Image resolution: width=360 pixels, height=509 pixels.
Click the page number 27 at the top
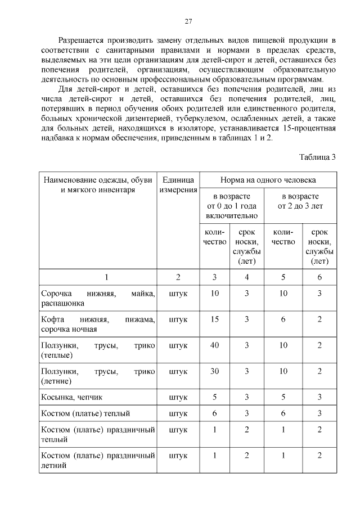[x=188, y=21]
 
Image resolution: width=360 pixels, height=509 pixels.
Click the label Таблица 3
[x=317, y=157]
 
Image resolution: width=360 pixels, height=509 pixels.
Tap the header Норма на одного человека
[x=268, y=180]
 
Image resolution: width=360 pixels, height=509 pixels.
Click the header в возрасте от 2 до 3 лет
[x=300, y=201]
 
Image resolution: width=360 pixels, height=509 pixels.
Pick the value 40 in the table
[x=214, y=345]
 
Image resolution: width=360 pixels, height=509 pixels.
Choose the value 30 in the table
[x=214, y=371]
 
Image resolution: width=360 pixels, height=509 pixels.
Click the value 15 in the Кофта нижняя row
[x=214, y=319]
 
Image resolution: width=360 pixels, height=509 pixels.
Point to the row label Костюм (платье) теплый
[x=85, y=413]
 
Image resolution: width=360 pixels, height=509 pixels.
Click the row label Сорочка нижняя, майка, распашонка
[x=97, y=298]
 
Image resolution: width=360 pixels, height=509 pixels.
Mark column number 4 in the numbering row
[x=246, y=277]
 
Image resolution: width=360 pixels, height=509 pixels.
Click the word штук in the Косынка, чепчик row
[x=178, y=397]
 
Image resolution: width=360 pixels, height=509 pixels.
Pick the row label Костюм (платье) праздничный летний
[x=97, y=460]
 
